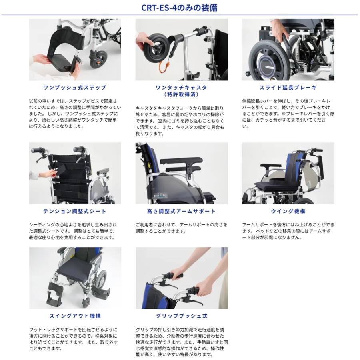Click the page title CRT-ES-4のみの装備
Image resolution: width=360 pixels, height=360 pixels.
(179, 8)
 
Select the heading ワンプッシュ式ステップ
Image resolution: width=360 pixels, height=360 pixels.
(75, 88)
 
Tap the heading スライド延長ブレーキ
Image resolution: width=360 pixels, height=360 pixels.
(288, 88)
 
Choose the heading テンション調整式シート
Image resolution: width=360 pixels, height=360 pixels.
(75, 211)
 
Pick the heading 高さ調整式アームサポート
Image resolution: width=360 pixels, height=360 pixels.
(181, 211)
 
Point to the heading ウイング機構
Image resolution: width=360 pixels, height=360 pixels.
(288, 211)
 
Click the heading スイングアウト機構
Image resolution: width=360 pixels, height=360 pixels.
(75, 316)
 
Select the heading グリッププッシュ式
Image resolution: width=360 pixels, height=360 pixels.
(182, 316)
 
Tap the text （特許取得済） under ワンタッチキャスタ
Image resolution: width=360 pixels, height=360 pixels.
(181, 94)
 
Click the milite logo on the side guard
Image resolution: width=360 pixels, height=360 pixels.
(161, 196)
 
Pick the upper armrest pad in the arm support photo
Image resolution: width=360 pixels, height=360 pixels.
(181, 160)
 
